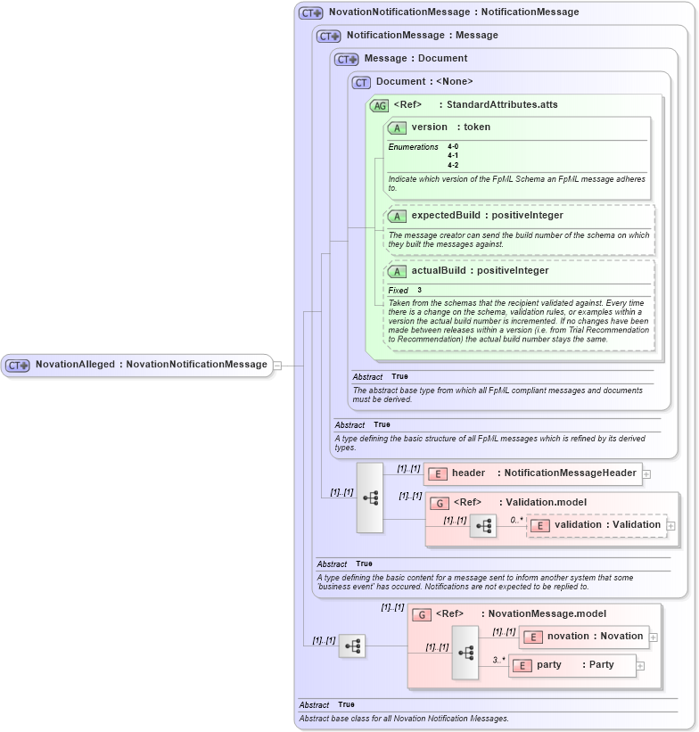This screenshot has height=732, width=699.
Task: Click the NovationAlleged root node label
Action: pos(151,365)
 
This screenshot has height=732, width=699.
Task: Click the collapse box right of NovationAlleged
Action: pos(278,365)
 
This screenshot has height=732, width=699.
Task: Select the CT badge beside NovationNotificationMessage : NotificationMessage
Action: pos(311,12)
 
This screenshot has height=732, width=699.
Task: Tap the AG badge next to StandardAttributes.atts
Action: pos(379,105)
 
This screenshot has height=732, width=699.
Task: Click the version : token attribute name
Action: pos(450,127)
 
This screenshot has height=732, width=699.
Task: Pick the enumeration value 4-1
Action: pos(453,155)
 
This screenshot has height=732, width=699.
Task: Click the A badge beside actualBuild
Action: pos(397,271)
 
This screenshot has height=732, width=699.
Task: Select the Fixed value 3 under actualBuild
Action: pos(419,291)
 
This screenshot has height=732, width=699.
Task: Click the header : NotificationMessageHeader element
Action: pos(544,473)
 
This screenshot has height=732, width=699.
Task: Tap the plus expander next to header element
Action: pos(646,474)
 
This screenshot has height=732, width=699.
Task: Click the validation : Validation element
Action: pos(606,525)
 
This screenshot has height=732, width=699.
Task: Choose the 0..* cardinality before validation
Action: pos(516,519)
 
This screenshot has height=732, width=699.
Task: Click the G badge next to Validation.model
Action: pos(439,503)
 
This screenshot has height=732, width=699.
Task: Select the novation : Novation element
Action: pos(594,637)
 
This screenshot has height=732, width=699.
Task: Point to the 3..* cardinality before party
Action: pos(499,660)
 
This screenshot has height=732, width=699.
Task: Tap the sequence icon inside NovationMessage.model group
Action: pos(465,652)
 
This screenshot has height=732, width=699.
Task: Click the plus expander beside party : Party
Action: pos(640,666)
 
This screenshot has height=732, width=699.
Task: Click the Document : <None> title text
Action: pos(424,82)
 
